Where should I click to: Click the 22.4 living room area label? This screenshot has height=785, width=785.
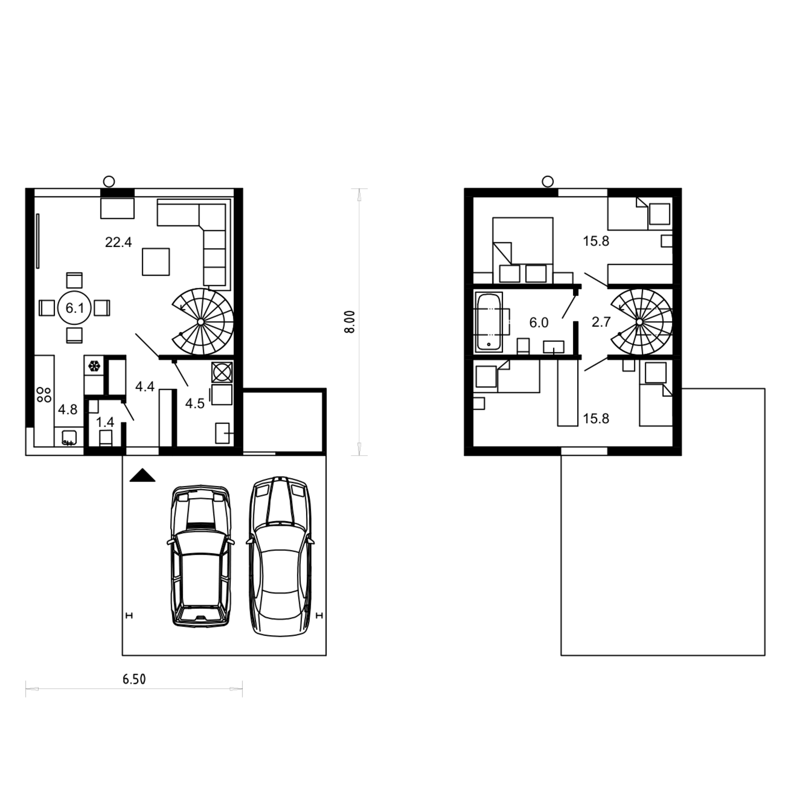(x=118, y=242)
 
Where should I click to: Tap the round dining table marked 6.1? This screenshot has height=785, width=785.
(x=75, y=308)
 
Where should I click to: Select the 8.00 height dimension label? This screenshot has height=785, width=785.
(x=351, y=321)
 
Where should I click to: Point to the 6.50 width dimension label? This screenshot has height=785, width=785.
(x=134, y=679)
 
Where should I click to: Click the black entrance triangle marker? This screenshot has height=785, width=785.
(x=142, y=476)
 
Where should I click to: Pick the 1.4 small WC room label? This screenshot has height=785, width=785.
(x=105, y=422)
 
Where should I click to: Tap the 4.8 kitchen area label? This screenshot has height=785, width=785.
(x=68, y=409)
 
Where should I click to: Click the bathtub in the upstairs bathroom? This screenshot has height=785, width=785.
(x=489, y=322)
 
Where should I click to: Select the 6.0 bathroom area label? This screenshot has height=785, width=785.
(x=539, y=322)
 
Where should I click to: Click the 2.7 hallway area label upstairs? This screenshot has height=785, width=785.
(x=601, y=322)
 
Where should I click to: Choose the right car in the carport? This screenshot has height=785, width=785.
(x=281, y=556)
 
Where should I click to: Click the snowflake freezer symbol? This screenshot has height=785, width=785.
(x=94, y=366)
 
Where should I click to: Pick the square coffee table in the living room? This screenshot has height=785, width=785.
(x=156, y=262)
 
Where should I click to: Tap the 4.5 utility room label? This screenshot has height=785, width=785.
(x=195, y=403)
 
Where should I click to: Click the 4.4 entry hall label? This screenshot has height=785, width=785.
(x=145, y=387)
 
